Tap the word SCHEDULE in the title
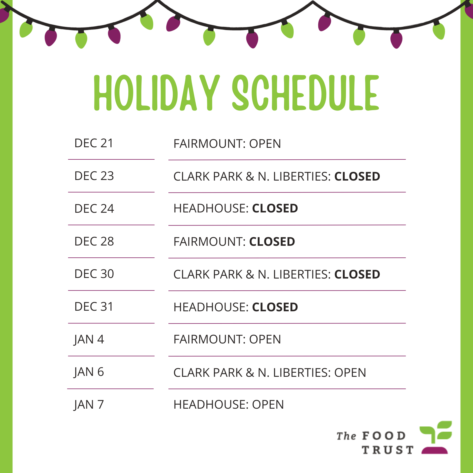click(305, 93)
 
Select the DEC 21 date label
click(94, 143)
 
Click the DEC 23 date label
click(94, 176)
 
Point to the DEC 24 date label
click(94, 209)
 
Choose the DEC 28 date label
click(94, 241)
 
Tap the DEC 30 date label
click(94, 274)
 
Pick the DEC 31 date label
click(94, 307)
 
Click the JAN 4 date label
click(89, 340)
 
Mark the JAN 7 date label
click(89, 405)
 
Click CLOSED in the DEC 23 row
click(357, 177)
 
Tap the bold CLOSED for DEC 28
click(272, 242)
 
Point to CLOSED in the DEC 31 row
click(275, 307)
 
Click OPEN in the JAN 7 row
click(268, 405)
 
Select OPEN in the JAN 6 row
click(350, 373)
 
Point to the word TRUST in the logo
click(388, 450)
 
